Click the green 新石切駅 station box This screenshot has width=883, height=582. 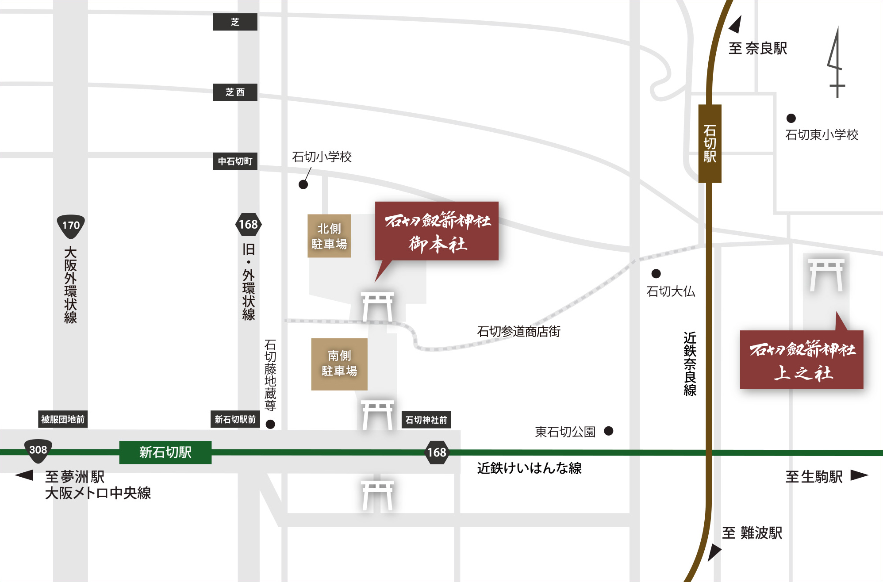165,452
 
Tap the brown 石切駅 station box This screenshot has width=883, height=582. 710,143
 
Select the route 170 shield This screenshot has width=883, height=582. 71,226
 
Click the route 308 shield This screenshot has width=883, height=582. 38,450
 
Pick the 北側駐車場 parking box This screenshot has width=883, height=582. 329,236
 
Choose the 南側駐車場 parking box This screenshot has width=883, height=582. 339,364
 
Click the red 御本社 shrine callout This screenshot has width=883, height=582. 437,231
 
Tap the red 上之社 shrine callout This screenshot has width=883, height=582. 802,360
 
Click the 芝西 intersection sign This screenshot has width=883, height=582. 235,92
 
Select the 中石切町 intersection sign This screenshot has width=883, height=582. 235,161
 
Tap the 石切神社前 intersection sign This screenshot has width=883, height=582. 426,420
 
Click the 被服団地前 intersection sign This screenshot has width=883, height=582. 63,419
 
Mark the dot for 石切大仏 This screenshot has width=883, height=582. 656,274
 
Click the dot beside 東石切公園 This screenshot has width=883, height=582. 609,431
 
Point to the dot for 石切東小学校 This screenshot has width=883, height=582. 791,118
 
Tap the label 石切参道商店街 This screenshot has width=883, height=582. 518,331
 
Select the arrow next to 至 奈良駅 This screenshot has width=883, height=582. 736,25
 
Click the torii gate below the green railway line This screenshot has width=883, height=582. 377,496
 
